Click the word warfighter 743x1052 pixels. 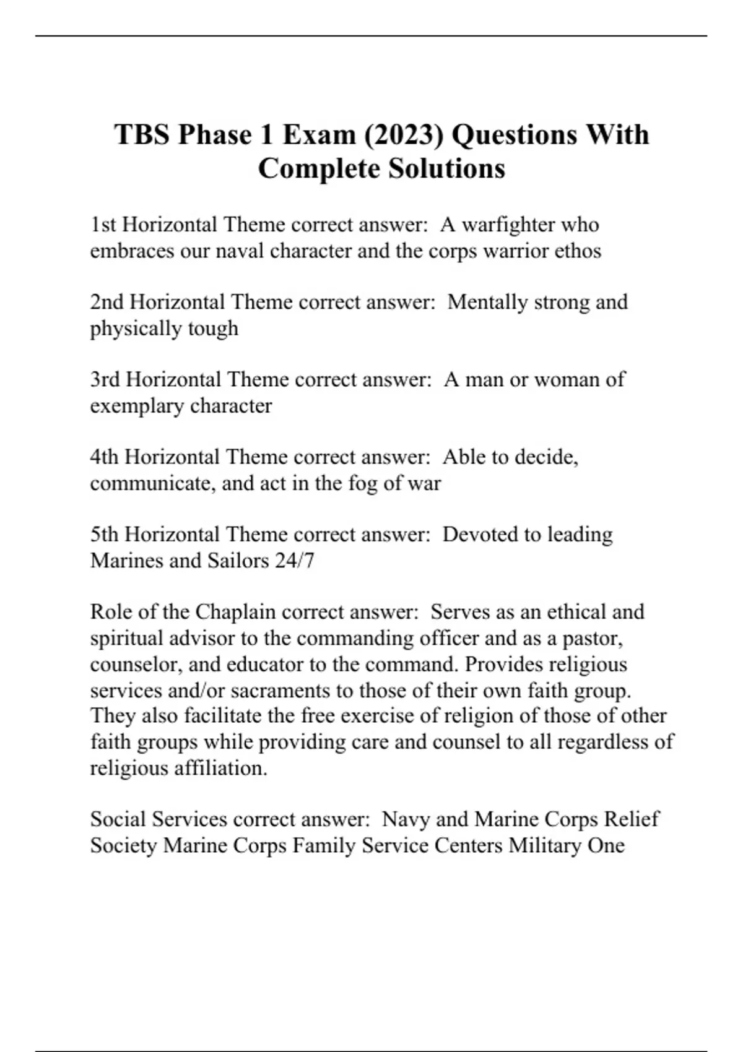pyautogui.click(x=508, y=224)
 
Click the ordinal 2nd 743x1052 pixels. pyautogui.click(x=107, y=302)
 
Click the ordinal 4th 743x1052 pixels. pyautogui.click(x=104, y=457)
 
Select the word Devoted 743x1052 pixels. pyautogui.click(x=481, y=534)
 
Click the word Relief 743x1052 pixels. pyautogui.click(x=631, y=819)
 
